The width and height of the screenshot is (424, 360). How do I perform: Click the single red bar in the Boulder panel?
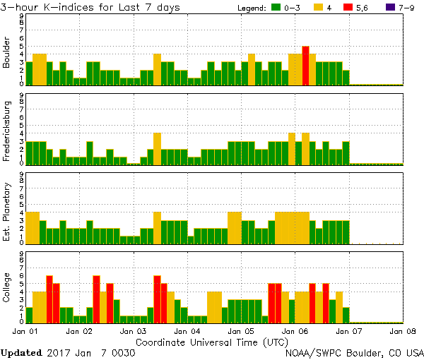coord(305,66)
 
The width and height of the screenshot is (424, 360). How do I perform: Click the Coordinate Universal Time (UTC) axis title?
coord(212,342)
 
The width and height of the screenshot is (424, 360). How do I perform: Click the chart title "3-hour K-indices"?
coord(53,8)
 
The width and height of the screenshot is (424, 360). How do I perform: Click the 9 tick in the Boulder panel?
coord(22,16)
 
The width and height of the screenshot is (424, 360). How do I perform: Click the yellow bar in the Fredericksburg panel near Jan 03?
coord(157,148)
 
